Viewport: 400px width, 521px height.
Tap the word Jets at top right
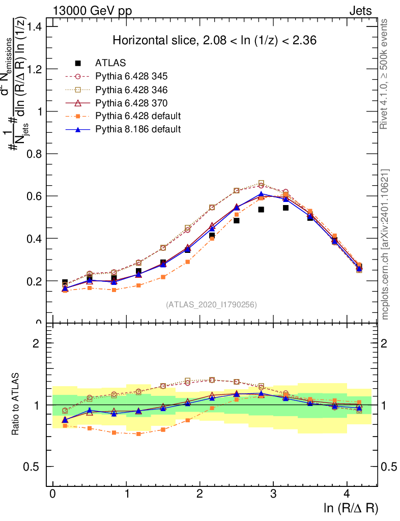[360, 11]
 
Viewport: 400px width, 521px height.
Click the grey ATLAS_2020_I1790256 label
[211, 305]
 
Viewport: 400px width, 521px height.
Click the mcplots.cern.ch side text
[385, 244]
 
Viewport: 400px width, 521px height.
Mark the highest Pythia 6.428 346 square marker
[261, 183]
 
